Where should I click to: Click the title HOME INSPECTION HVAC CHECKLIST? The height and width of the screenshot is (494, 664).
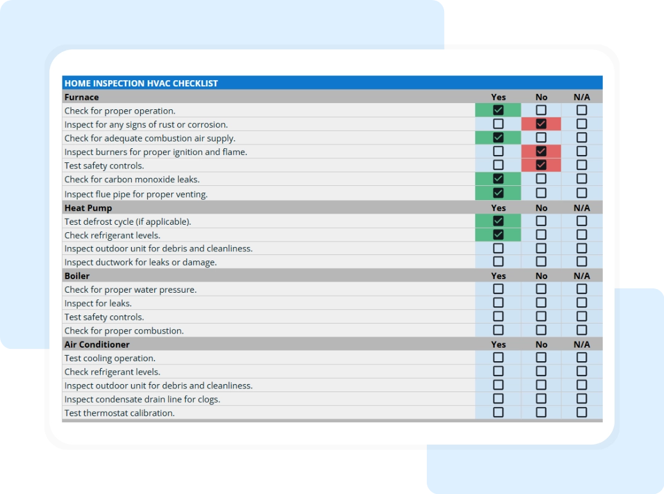pos(141,83)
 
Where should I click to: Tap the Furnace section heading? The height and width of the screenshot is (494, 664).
pos(82,97)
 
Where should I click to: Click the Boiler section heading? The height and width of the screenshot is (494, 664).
pos(77,276)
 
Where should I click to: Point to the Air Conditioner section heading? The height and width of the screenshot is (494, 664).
pos(97,345)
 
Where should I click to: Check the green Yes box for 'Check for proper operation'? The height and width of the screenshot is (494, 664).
pos(498,111)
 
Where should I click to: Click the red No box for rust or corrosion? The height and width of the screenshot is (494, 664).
pos(541,124)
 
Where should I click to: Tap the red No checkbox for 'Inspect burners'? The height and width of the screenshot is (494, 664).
pos(541,151)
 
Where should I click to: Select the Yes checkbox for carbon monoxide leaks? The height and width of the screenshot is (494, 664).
pos(498,179)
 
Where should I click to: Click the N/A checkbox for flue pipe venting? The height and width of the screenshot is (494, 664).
pos(582,193)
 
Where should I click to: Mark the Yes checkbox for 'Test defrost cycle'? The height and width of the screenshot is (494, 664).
pos(498,221)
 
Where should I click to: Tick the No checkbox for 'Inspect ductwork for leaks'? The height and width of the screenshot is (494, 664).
pos(541,262)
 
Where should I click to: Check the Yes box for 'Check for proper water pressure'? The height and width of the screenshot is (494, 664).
pos(498,289)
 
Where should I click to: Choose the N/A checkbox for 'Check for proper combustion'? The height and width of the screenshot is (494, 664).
pos(582,330)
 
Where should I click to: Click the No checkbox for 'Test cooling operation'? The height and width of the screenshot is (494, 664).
pos(541,358)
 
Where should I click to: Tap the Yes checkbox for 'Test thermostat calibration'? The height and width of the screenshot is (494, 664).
pos(498,412)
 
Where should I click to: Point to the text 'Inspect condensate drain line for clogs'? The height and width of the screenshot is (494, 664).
pos(142,400)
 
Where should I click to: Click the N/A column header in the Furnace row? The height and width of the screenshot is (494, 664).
pos(582,97)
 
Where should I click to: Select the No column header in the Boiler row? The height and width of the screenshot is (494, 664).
pos(541,276)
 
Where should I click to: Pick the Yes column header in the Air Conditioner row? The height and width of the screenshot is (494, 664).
pos(498,345)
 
